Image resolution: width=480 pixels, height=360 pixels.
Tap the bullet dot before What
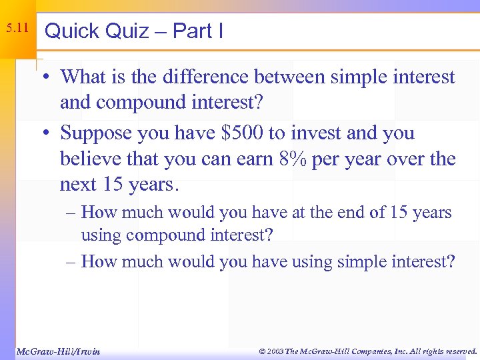(50, 77)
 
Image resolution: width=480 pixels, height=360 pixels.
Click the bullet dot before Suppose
(50, 133)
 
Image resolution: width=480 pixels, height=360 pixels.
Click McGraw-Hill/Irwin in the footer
(57, 351)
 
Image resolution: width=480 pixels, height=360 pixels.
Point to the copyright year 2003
(273, 351)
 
